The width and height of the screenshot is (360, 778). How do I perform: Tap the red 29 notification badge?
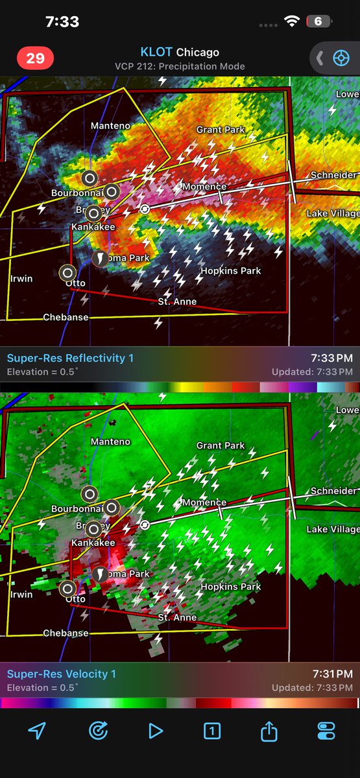35,58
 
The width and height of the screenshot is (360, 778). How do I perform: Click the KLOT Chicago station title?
180,52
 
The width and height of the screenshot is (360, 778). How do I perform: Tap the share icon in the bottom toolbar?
269,731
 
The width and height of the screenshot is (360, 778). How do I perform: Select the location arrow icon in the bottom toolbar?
37,731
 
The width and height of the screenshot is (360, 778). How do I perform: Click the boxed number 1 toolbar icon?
211,731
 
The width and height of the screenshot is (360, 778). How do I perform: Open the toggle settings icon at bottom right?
326,731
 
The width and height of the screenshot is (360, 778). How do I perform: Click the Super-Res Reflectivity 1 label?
62,358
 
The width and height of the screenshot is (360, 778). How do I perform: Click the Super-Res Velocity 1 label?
62,674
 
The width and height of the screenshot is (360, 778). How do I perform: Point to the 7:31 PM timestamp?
333,674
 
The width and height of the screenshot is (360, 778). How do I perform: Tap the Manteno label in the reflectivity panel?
110,125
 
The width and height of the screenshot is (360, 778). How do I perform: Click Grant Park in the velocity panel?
221,446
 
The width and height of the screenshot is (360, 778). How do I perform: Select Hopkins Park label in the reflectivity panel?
230,270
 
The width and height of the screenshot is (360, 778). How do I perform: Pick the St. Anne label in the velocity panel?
177,617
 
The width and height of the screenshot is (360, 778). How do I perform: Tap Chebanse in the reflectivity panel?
66,317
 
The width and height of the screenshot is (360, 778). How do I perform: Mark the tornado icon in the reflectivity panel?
101,259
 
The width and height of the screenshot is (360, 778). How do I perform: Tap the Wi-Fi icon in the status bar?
292,21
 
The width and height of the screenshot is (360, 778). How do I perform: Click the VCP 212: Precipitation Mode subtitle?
180,66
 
